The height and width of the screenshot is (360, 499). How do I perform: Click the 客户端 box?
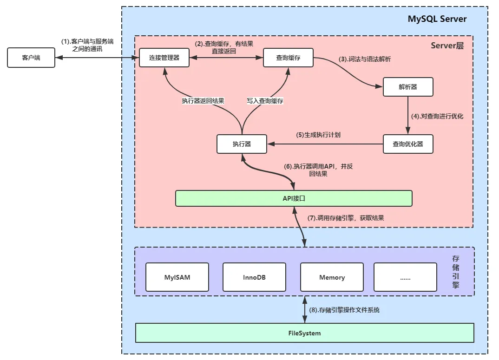pyautogui.click(x=31, y=58)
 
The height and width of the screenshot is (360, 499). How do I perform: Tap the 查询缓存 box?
pyautogui.click(x=288, y=58)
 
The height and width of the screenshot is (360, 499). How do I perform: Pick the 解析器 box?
pyautogui.click(x=408, y=87)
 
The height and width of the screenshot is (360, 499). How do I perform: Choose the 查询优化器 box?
pyautogui.click(x=408, y=144)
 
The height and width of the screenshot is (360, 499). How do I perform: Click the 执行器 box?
pyautogui.click(x=242, y=144)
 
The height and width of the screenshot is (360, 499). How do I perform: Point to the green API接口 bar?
pyautogui.click(x=294, y=198)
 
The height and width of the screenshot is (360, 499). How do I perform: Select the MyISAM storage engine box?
pyautogui.click(x=177, y=277)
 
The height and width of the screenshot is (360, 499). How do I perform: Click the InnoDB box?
pyautogui.click(x=254, y=277)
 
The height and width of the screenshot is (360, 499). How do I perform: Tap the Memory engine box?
pyautogui.click(x=332, y=277)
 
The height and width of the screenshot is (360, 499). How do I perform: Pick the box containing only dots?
pyautogui.click(x=405, y=277)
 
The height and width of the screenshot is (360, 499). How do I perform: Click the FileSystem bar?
pyautogui.click(x=304, y=333)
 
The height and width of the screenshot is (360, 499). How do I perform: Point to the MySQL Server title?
pyautogui.click(x=437, y=19)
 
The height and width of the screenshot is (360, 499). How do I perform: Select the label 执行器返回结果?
pyautogui.click(x=204, y=101)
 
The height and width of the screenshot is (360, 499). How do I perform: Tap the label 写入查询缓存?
pyautogui.click(x=265, y=101)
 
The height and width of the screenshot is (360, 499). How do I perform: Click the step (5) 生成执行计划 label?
pyautogui.click(x=318, y=135)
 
